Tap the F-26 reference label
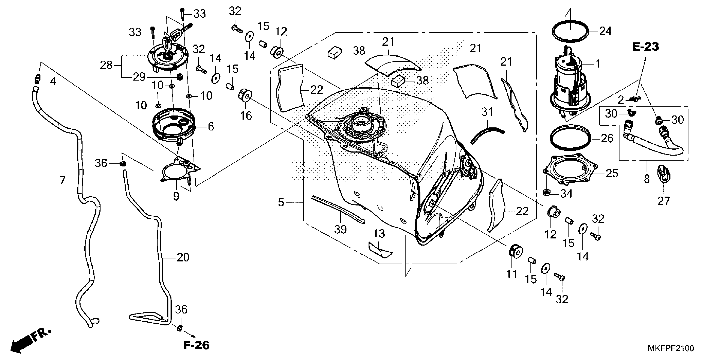196,345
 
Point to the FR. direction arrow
31,342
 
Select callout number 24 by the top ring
605,31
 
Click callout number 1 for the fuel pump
598,64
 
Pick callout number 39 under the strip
341,229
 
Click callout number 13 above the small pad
379,233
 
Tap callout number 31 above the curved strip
487,112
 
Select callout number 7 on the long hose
62,180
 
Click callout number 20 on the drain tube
183,257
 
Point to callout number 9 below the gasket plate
176,197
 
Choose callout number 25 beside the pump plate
612,174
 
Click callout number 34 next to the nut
566,193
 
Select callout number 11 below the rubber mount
512,274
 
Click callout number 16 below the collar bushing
246,115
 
